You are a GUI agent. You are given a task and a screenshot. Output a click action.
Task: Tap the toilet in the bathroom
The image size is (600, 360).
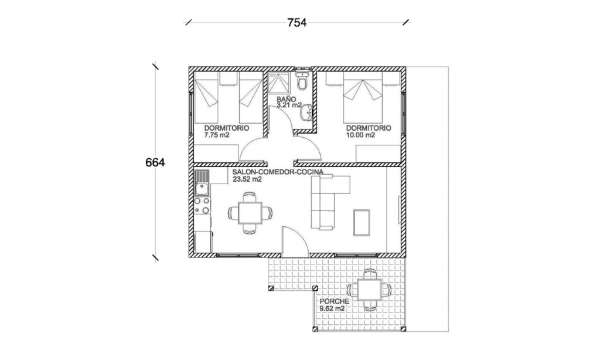(x=302, y=83)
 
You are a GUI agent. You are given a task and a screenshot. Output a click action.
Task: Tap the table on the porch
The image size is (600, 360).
(x=370, y=290)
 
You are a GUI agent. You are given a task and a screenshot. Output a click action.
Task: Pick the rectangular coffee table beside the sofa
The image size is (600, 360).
(x=362, y=222)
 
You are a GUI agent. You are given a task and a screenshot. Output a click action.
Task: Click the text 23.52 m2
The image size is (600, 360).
(x=247, y=180)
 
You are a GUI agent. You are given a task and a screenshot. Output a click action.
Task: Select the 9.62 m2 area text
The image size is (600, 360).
(x=331, y=308)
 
